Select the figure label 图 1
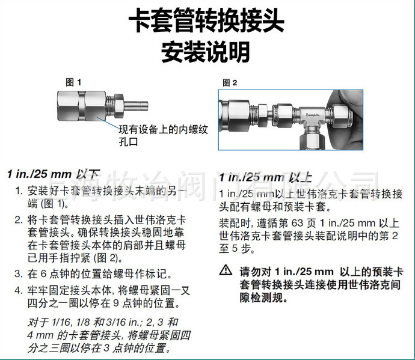73,82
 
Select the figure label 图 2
230,82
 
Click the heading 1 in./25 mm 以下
54,174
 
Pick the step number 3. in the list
19,274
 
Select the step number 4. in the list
19,290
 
